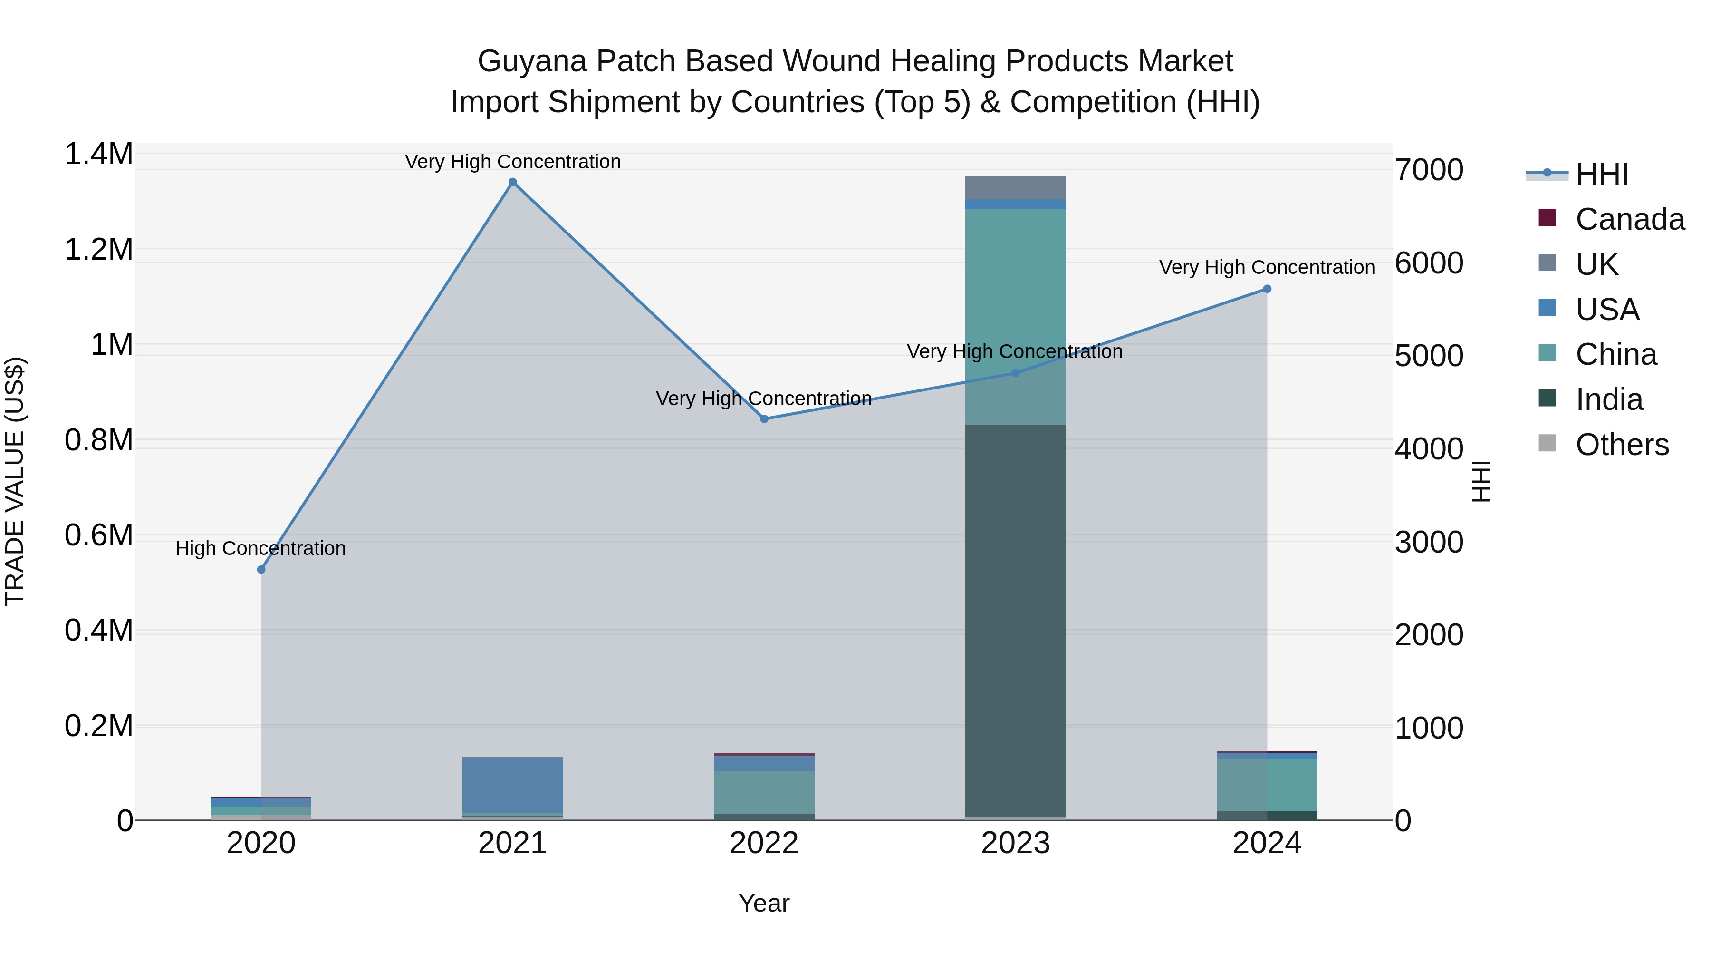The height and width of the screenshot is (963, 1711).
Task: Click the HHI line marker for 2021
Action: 512,182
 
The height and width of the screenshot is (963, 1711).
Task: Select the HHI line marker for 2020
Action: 261,570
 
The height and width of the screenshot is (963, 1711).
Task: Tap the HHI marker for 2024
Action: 1267,289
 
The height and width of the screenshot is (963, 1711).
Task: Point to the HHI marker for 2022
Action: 764,419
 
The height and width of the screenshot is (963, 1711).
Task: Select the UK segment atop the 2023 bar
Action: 1015,187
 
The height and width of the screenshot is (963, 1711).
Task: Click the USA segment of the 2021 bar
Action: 512,784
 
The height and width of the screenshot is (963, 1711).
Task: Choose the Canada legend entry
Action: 1629,219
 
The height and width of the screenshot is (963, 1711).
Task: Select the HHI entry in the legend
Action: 1601,174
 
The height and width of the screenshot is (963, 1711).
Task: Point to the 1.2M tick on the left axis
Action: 98,250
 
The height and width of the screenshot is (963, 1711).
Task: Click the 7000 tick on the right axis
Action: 1428,170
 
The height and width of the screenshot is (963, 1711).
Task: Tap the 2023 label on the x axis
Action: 1015,843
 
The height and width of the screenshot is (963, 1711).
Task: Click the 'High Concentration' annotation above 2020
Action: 260,548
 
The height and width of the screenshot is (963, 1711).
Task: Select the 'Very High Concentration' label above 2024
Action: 1267,267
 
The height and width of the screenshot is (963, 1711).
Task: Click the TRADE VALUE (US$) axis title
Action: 15,481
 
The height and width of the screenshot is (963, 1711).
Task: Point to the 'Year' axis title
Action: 764,903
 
